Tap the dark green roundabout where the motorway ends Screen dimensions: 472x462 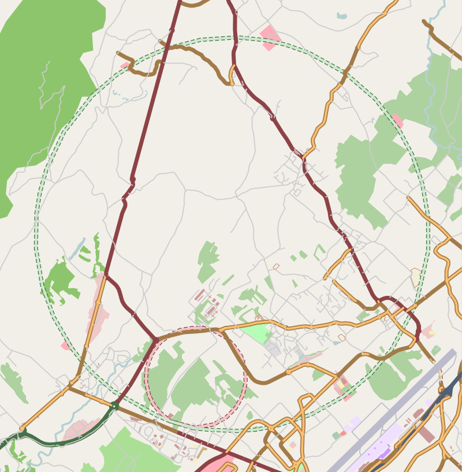tap(115, 406)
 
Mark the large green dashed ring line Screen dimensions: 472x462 tap(36, 231)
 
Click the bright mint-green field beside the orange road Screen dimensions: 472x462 tap(256, 333)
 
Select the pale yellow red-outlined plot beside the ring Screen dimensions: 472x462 tap(416, 277)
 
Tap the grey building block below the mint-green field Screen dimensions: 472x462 tap(273, 348)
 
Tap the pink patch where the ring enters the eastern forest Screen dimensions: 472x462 tap(397, 120)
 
